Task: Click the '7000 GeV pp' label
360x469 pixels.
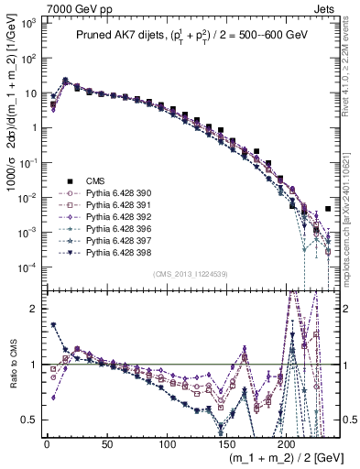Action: (x=72, y=7)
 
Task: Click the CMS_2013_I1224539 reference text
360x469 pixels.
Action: (x=190, y=274)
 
